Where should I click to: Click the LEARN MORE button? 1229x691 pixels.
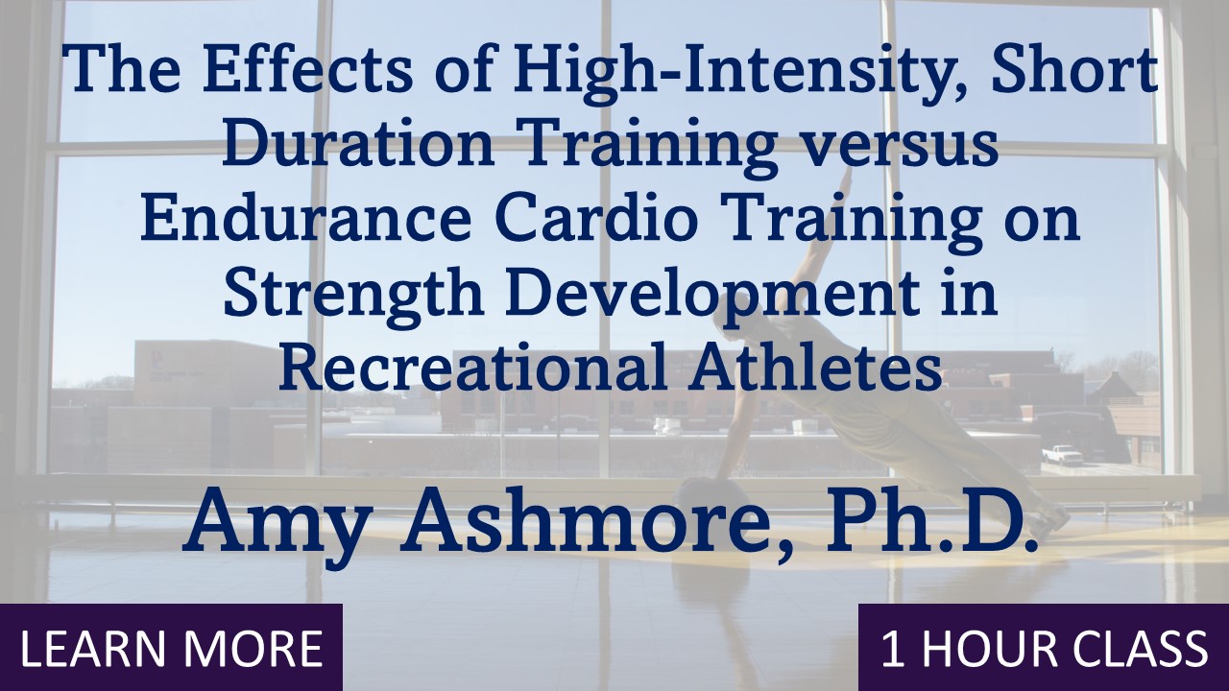click(x=171, y=648)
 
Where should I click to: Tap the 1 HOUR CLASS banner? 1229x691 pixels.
click(x=1044, y=648)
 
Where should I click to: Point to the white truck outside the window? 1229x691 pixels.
click(x=1062, y=454)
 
